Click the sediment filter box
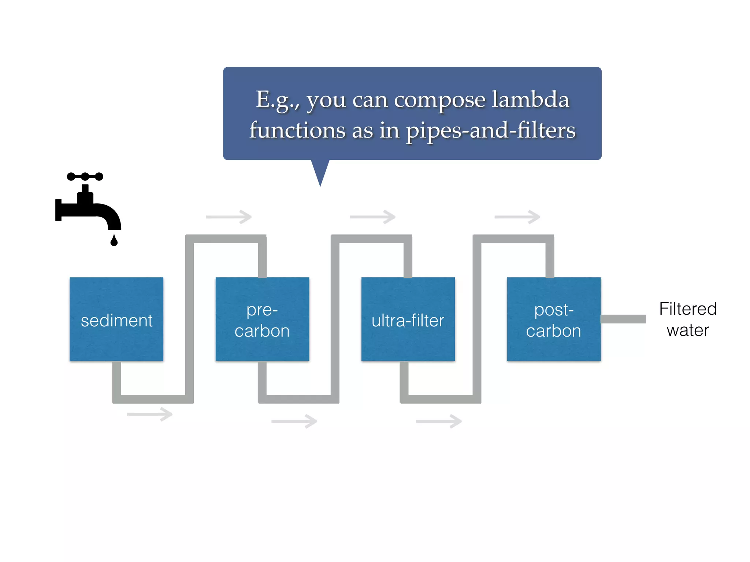click(116, 319)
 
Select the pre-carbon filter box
click(262, 319)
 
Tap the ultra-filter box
click(408, 319)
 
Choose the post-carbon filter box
click(554, 319)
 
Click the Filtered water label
click(688, 319)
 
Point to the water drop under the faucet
click(114, 240)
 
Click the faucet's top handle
click(85, 177)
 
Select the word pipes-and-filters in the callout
click(491, 131)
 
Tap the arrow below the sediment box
click(149, 414)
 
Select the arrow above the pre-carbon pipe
click(229, 217)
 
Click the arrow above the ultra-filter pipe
click(373, 217)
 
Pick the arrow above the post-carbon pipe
click(517, 217)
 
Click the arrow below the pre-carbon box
click(294, 421)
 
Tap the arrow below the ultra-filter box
click(439, 421)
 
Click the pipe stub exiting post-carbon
click(623, 319)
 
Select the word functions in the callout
click(297, 131)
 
